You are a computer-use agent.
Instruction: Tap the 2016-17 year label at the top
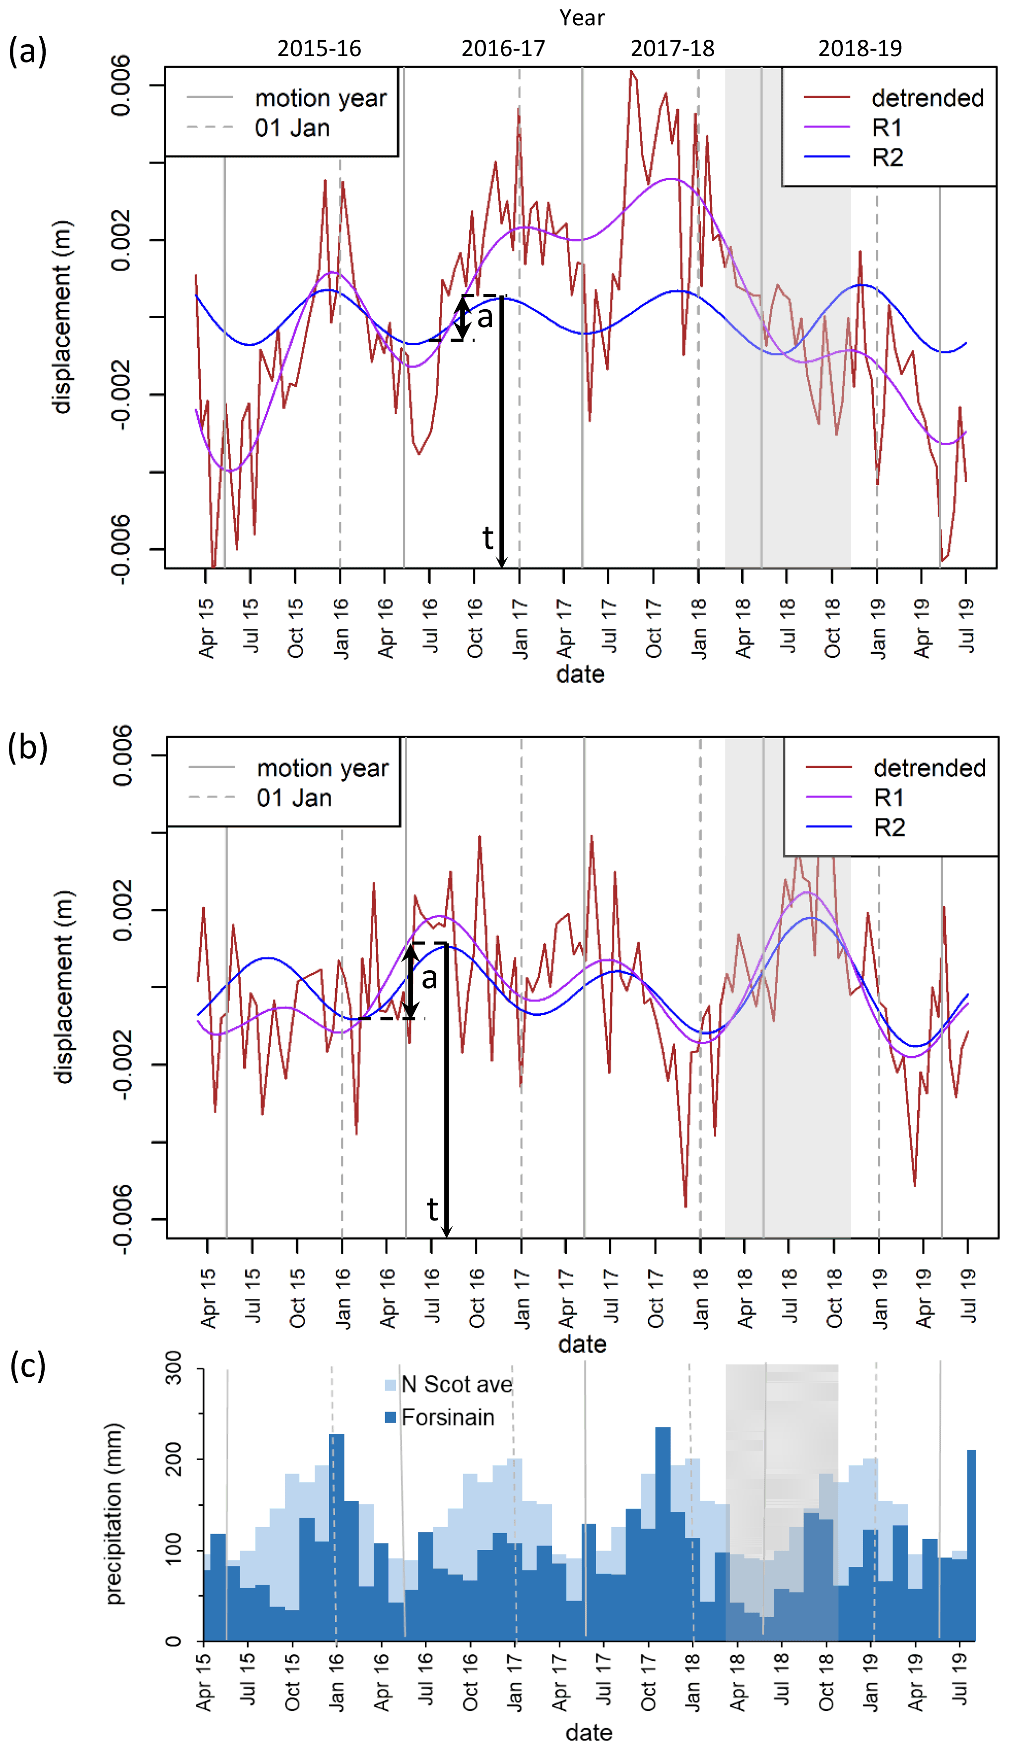point(503,49)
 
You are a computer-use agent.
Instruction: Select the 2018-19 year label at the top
point(860,49)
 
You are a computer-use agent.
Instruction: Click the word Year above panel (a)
point(582,18)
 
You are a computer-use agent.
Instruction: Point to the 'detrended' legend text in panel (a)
point(927,98)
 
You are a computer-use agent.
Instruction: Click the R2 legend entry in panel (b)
point(889,828)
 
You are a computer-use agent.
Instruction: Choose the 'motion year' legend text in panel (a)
point(320,98)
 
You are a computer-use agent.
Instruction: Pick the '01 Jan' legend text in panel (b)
point(294,798)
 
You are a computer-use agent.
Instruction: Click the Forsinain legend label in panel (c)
point(448,1417)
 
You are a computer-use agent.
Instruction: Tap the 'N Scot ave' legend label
point(457,1384)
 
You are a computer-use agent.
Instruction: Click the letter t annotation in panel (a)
point(488,538)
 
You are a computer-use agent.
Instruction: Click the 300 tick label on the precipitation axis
point(174,1368)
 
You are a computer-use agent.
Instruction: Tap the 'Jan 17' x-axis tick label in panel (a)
point(520,628)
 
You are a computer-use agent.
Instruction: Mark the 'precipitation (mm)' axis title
point(114,1514)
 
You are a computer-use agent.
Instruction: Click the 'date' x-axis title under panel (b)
point(582,1344)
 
